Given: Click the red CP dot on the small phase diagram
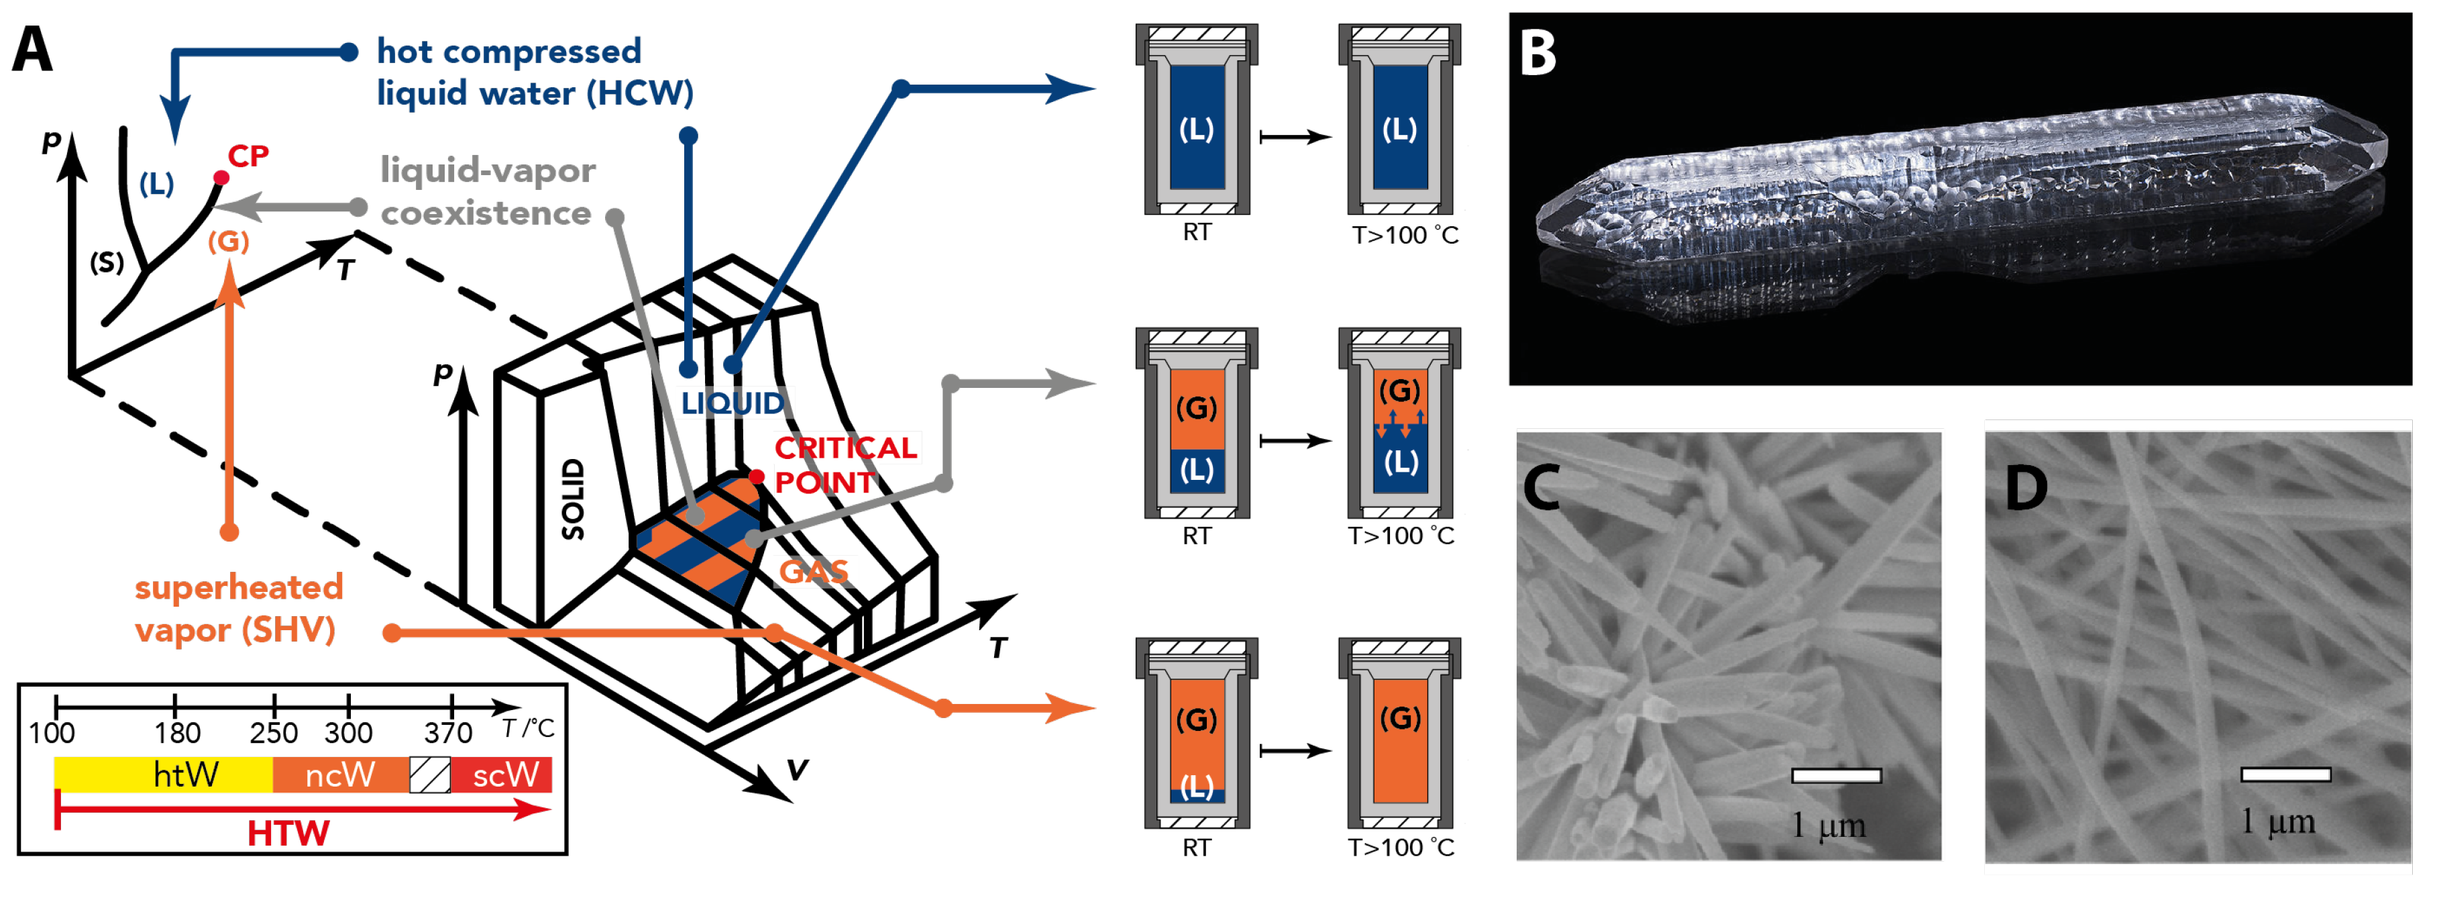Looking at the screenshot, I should [x=221, y=177].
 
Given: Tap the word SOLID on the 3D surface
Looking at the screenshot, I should [x=573, y=499].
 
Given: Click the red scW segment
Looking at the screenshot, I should [x=502, y=775].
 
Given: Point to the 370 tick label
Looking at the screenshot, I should [x=448, y=732].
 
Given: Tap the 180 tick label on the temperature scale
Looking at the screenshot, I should [x=177, y=732].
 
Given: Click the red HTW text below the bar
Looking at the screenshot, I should [x=288, y=834].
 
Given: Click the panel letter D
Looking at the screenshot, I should [x=2025, y=489].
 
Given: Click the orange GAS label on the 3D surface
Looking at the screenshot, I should [x=813, y=571].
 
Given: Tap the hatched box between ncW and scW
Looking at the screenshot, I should [x=430, y=775].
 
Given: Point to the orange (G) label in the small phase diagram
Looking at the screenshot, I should [x=228, y=242].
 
